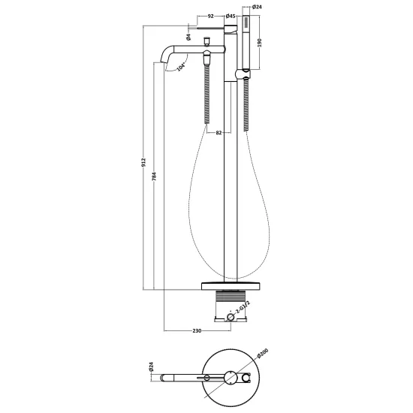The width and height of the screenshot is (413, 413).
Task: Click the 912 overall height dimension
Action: pyautogui.click(x=143, y=162)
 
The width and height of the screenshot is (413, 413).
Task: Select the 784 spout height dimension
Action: pyautogui.click(x=155, y=176)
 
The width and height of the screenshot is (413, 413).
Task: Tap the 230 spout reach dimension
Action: pyautogui.click(x=197, y=330)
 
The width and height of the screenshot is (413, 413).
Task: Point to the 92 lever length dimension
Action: pyautogui.click(x=210, y=17)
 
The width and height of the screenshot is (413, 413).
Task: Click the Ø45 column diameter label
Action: pyautogui.click(x=231, y=17)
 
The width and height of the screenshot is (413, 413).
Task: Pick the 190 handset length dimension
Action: pyautogui.click(x=260, y=42)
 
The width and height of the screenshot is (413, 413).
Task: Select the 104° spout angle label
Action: pyautogui.click(x=182, y=67)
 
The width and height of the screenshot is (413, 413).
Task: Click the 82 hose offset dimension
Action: pyautogui.click(x=219, y=133)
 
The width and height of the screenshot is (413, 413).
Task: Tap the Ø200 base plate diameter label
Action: pyautogui.click(x=262, y=353)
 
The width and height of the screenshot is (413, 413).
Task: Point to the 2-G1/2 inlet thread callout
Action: pyautogui.click(x=242, y=308)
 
